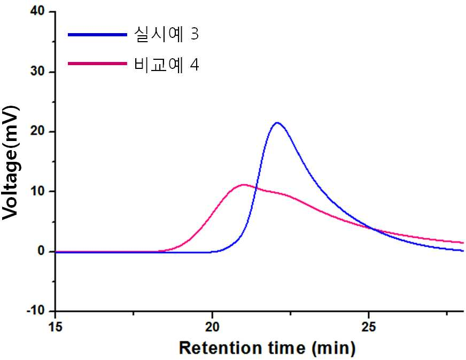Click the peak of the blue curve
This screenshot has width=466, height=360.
tap(277, 123)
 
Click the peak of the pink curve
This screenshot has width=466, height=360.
tap(244, 185)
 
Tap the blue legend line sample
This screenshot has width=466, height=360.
tap(97, 35)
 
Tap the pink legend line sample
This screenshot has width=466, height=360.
tap(97, 63)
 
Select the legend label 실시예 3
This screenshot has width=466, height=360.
tap(166, 34)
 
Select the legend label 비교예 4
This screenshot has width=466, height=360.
tap(166, 64)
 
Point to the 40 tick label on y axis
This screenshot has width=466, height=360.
tap(37, 12)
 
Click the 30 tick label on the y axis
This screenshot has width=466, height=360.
tap(37, 72)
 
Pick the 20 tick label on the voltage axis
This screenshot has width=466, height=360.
tap(37, 131)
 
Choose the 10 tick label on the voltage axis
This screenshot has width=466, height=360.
tap(37, 191)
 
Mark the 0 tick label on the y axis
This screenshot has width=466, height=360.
tap(41, 251)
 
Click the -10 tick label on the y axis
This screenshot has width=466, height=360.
tap(35, 311)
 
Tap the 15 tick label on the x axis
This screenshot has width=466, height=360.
tap(55, 326)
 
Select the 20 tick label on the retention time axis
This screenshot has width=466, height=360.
tap(212, 326)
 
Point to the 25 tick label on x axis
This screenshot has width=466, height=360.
tap(369, 326)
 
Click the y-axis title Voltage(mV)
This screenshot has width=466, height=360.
tap(11, 163)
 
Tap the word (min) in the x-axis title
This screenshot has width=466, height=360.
tap(333, 348)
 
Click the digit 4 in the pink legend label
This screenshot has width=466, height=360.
tap(195, 65)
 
